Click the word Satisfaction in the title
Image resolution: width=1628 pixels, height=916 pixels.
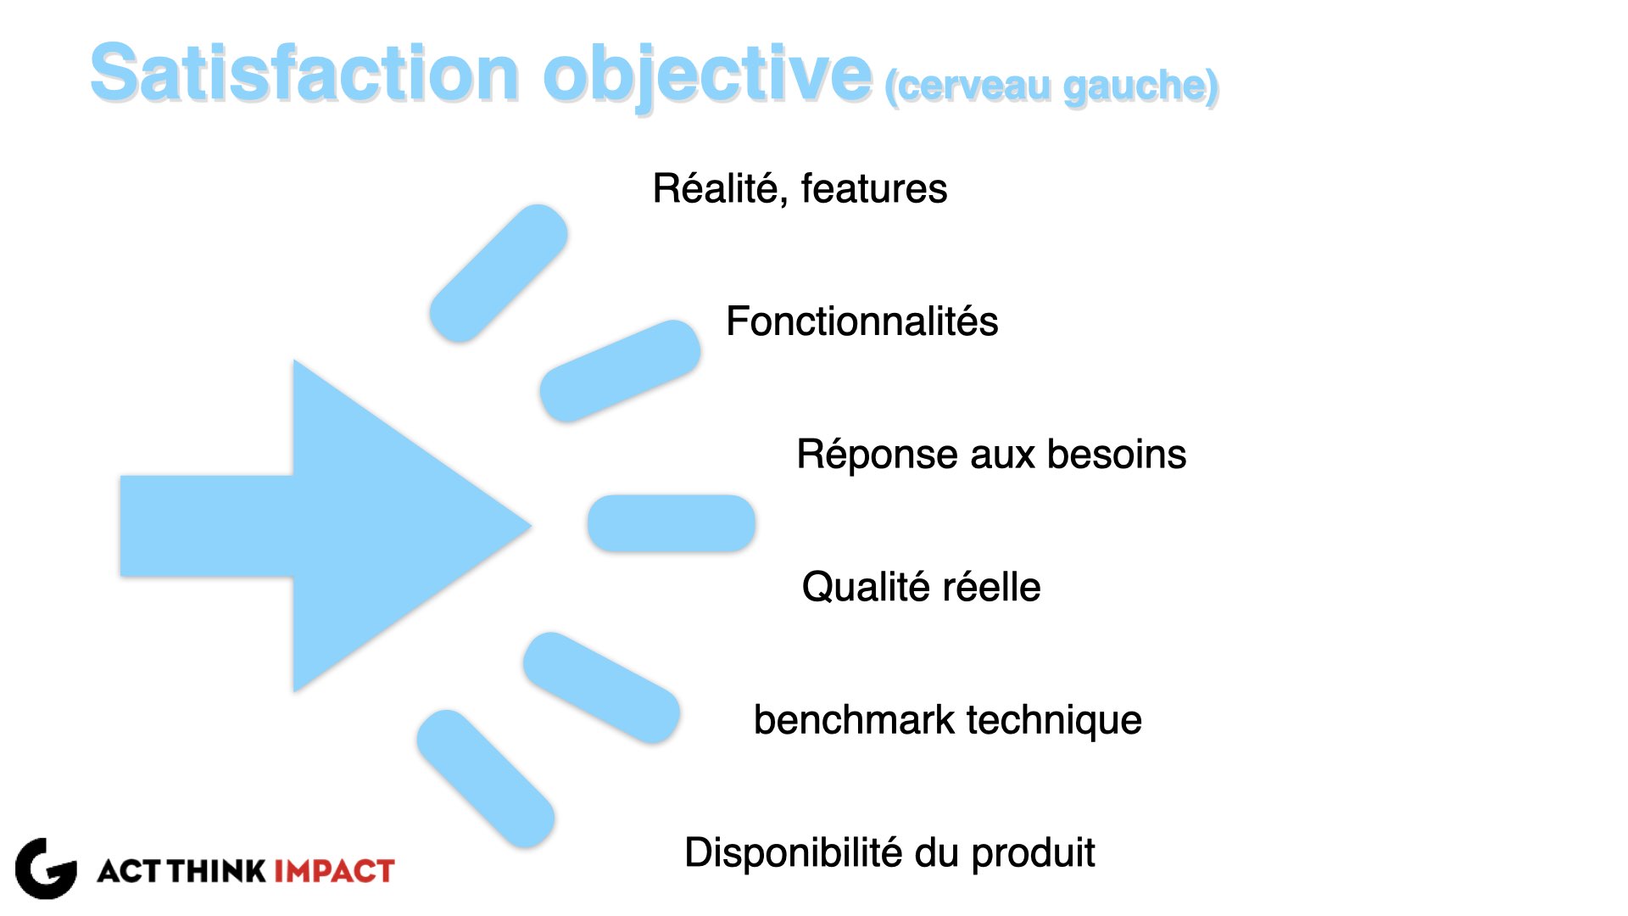(x=304, y=73)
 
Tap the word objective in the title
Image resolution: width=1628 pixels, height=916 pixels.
(x=707, y=76)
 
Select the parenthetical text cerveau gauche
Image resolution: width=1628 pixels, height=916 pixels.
(x=1052, y=87)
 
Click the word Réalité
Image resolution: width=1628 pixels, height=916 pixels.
(x=720, y=188)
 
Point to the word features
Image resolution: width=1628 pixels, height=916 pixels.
(x=874, y=188)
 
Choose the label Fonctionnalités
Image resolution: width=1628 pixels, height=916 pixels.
(x=862, y=321)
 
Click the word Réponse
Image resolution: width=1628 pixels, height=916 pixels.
(x=878, y=455)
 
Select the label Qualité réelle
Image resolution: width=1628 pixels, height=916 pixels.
(x=922, y=588)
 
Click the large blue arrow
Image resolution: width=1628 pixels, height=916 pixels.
(x=326, y=526)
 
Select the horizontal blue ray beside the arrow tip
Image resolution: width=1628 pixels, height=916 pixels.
(x=672, y=523)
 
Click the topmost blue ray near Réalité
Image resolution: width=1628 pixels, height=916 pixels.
(x=499, y=273)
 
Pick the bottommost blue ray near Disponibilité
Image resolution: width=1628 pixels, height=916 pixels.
(x=486, y=779)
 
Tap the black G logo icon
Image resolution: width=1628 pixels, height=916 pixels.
(x=46, y=869)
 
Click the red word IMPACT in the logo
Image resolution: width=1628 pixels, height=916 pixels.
(x=334, y=871)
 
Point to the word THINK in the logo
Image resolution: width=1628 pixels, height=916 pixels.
(x=217, y=871)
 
